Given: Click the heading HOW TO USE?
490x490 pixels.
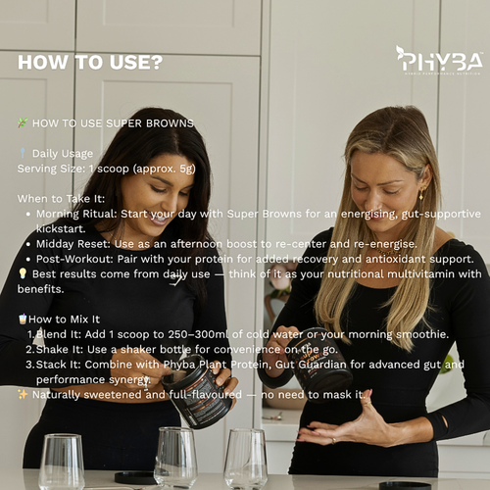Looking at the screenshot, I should coord(90,62).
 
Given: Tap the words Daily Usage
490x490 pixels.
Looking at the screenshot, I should coord(62,153).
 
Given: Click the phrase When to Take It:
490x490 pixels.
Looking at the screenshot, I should coord(61,198).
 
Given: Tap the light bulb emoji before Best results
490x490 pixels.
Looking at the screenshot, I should coord(23,274).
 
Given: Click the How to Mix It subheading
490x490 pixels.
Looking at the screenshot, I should coord(64,319).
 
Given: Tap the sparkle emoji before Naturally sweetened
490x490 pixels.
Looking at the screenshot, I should coord(23,394).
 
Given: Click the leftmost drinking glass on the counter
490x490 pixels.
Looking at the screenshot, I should coord(61,461).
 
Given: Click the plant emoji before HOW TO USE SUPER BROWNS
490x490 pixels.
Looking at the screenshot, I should coord(23,123).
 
